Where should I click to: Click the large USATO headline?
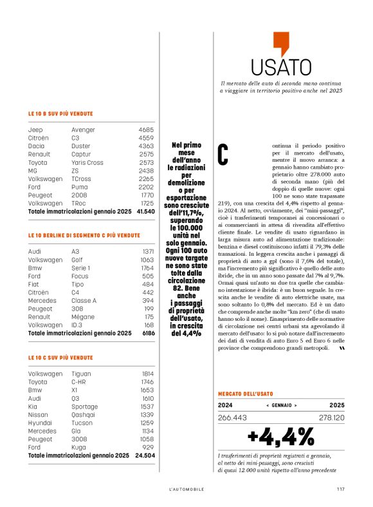click(281, 67)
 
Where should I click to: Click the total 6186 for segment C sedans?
click(148, 334)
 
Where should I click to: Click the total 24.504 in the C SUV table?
click(145, 455)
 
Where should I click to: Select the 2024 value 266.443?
click(233, 417)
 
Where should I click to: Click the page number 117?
click(341, 488)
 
